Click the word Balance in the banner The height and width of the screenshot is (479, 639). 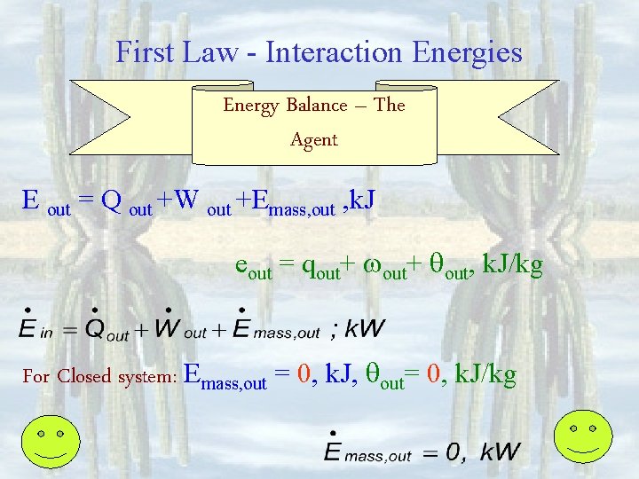(317, 106)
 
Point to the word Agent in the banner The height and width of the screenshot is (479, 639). (314, 139)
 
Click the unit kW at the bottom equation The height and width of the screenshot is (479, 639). (501, 452)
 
